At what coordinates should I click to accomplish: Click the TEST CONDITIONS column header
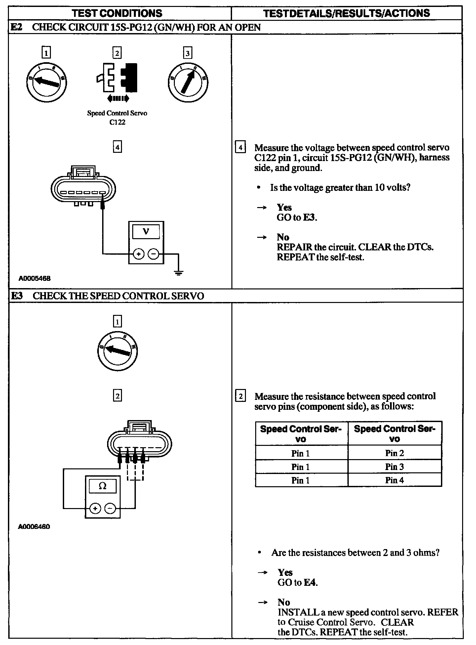(x=117, y=13)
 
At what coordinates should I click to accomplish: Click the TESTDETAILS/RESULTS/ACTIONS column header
(x=346, y=13)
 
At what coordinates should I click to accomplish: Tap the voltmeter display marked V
(x=146, y=232)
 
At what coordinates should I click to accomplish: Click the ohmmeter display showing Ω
(x=102, y=486)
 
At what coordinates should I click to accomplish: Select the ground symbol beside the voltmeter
(x=178, y=273)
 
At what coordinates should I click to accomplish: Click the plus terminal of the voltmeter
(x=139, y=254)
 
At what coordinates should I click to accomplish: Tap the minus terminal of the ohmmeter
(x=111, y=508)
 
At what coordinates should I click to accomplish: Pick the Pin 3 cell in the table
(x=394, y=467)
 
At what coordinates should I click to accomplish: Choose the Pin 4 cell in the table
(x=394, y=480)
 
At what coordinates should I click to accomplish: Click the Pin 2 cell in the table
(x=394, y=453)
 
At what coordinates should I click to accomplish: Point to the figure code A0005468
(x=34, y=279)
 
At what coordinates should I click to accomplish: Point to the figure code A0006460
(x=34, y=527)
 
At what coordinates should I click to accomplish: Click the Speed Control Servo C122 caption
(x=117, y=117)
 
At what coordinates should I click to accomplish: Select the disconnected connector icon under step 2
(x=117, y=78)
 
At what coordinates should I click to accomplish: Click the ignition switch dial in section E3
(x=117, y=351)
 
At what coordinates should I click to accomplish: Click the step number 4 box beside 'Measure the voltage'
(x=240, y=147)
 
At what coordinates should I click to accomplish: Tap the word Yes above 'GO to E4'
(x=285, y=572)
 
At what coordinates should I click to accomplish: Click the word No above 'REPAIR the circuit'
(x=283, y=237)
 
